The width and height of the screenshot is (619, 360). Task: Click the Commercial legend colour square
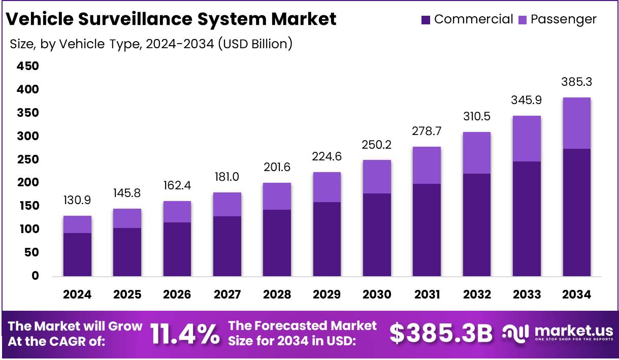coord(426,20)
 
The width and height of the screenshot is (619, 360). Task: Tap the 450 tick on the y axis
coord(27,67)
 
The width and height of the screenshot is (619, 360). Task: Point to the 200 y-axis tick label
coord(27,182)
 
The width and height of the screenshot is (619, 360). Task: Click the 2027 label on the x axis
coord(227,294)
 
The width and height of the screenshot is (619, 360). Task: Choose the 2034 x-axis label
coord(576,294)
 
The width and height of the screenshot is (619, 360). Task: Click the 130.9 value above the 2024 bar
coord(77,200)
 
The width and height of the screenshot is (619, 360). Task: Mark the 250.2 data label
coord(377,145)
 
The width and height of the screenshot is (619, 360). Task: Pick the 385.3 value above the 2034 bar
coord(576,82)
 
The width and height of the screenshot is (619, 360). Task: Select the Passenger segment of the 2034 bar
coord(576,123)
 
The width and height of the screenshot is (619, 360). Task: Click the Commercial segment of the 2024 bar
coord(77,255)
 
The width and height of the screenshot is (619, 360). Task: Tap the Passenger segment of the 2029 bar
coord(327,187)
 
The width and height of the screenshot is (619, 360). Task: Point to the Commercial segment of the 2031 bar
coord(427,230)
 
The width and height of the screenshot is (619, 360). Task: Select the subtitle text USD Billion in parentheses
coord(255,44)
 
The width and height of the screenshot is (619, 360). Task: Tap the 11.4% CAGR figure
coord(185,333)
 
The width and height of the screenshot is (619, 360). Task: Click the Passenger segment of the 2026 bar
coord(177,212)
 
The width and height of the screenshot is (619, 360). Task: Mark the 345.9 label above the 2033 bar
coord(527,100)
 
